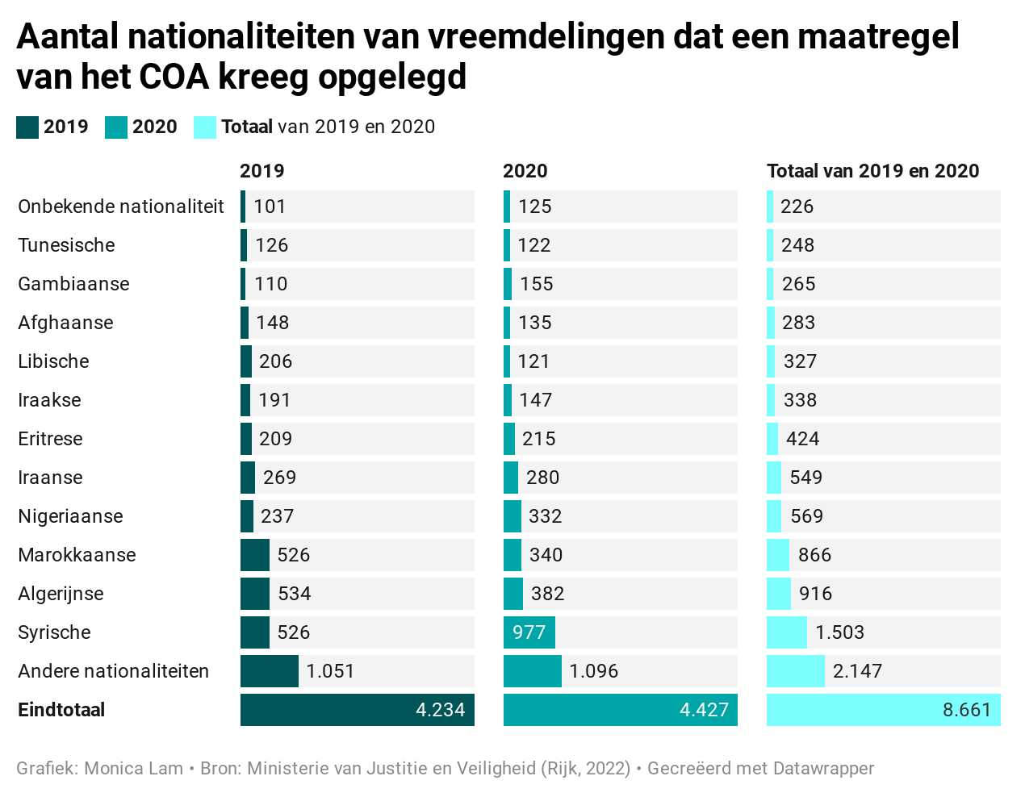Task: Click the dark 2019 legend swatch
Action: (x=27, y=127)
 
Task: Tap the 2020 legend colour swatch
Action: (x=116, y=127)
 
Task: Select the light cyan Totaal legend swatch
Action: (x=205, y=127)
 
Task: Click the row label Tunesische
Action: (x=66, y=245)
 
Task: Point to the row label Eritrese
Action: (x=50, y=439)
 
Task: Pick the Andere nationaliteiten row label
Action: (x=113, y=671)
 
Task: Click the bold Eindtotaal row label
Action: (x=61, y=710)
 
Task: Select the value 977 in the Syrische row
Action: (x=529, y=632)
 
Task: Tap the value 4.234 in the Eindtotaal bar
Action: (x=440, y=710)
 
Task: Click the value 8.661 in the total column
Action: (x=966, y=710)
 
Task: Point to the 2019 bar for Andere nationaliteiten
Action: (x=270, y=671)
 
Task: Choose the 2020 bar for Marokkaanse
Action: (x=512, y=555)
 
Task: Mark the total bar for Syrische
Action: (x=787, y=632)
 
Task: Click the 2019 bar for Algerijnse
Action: (x=255, y=594)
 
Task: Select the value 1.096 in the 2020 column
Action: (x=593, y=671)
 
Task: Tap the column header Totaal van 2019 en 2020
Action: (x=872, y=171)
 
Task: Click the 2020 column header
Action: (x=525, y=171)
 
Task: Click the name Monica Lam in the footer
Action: (x=134, y=768)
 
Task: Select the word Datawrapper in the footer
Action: (x=823, y=768)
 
